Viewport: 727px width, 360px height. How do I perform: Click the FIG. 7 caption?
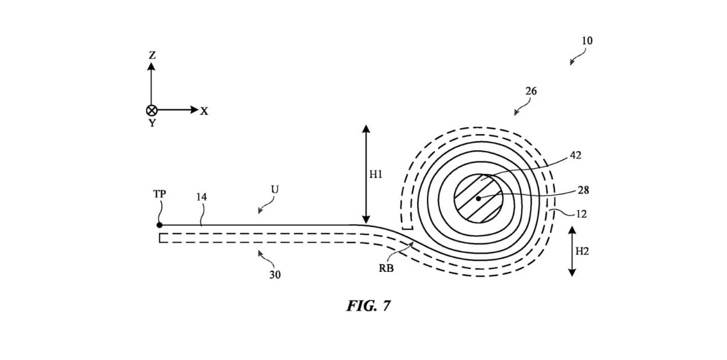point(368,306)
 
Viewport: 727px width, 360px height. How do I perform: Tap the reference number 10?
point(587,40)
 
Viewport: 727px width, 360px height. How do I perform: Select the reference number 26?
point(531,91)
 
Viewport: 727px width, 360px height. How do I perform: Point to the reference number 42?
point(575,155)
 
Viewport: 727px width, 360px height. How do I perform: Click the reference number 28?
point(583,190)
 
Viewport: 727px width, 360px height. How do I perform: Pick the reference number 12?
point(581,214)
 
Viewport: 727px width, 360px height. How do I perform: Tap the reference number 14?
point(201,197)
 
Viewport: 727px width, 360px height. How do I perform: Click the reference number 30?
point(275,275)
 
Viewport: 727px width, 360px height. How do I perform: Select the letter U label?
point(275,189)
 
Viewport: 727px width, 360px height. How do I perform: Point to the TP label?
point(159,194)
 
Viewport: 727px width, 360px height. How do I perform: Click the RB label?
point(386,268)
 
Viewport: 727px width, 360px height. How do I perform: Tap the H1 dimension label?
point(376,175)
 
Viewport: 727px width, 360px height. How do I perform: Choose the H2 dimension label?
point(582,251)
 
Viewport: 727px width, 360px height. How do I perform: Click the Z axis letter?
point(152,56)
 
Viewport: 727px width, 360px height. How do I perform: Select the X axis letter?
point(204,111)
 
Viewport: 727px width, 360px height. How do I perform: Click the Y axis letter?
point(152,123)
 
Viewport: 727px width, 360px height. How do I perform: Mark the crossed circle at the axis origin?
point(152,111)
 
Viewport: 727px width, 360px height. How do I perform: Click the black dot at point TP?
point(159,225)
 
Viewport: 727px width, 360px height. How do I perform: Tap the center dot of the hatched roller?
point(478,198)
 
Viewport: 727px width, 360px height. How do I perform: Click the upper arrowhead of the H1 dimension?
point(366,129)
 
